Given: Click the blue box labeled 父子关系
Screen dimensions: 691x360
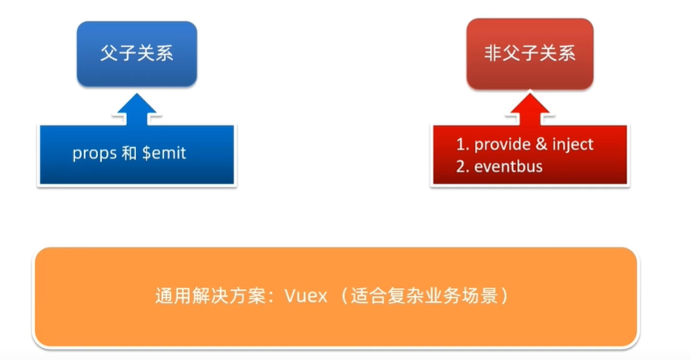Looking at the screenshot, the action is (x=137, y=54).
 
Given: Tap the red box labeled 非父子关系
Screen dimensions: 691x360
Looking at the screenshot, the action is (x=530, y=54).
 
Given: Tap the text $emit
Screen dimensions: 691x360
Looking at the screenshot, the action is (x=163, y=153).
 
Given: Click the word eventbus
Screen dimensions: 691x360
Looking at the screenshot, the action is (x=508, y=167).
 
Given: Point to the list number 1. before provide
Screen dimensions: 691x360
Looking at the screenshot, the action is (x=463, y=145).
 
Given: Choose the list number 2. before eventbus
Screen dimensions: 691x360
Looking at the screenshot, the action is (x=463, y=167).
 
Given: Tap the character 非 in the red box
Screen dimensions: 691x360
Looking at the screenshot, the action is (x=494, y=54).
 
